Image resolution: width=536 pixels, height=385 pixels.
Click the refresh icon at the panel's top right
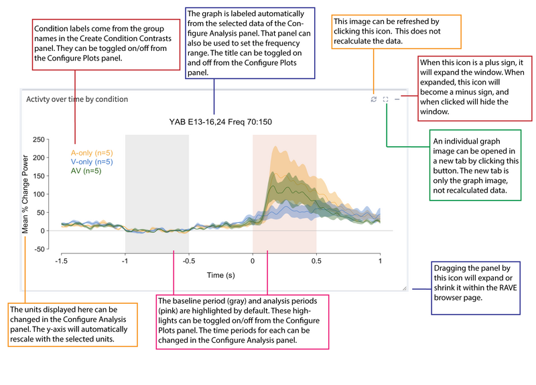tap(374, 99)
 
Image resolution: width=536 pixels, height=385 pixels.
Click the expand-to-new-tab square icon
tap(386, 99)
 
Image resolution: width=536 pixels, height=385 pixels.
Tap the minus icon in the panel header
tap(397, 99)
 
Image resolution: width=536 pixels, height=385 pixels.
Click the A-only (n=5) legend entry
tap(92, 153)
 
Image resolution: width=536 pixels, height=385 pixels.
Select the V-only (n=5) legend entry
tap(92, 162)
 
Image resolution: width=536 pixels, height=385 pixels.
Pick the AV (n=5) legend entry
tap(86, 171)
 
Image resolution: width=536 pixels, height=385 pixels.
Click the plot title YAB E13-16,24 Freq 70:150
tap(220, 122)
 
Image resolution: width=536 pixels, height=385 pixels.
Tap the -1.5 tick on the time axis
tap(61, 261)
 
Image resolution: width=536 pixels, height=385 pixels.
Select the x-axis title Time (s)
tap(220, 275)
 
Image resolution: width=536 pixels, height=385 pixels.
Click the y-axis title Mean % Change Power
tap(25, 195)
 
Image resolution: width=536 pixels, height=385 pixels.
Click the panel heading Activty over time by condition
tap(76, 99)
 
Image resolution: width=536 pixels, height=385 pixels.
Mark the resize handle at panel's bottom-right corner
tap(404, 288)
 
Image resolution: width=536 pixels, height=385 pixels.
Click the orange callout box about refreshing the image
tap(396, 31)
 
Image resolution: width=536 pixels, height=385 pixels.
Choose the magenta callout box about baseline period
tap(242, 321)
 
